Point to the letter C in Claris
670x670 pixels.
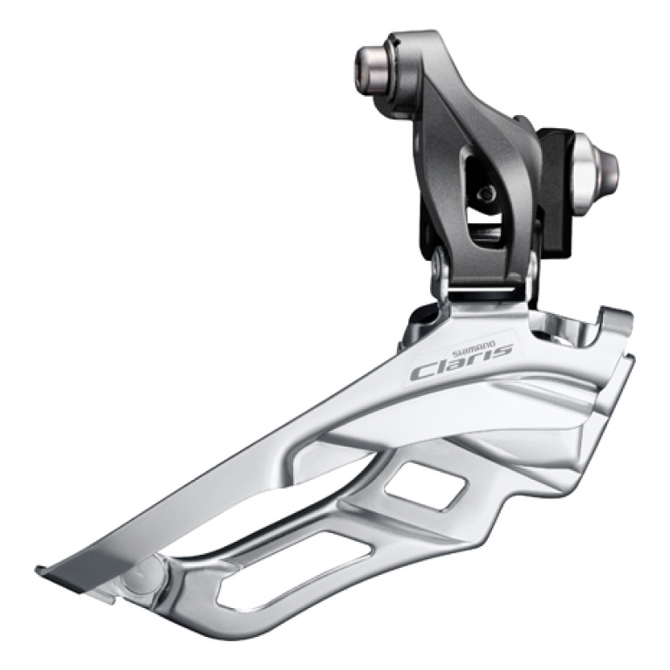point(424,370)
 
